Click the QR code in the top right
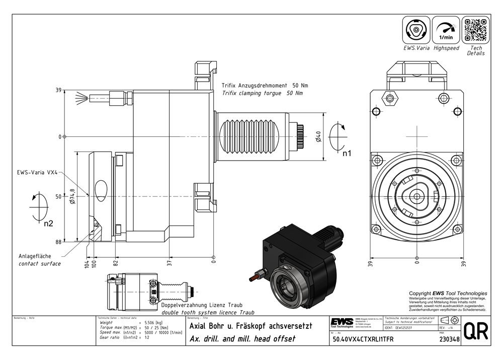click(475, 30)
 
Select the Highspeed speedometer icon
click(446, 30)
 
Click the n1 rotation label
click(347, 153)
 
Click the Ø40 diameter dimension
click(318, 136)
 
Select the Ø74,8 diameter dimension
click(72, 196)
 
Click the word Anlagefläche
click(38, 256)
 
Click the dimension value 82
click(115, 262)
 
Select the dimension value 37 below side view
click(170, 262)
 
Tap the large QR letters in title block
click(476, 332)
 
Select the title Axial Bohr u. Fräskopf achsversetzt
click(250, 326)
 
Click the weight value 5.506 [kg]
click(153, 322)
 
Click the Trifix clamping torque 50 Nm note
click(262, 93)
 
